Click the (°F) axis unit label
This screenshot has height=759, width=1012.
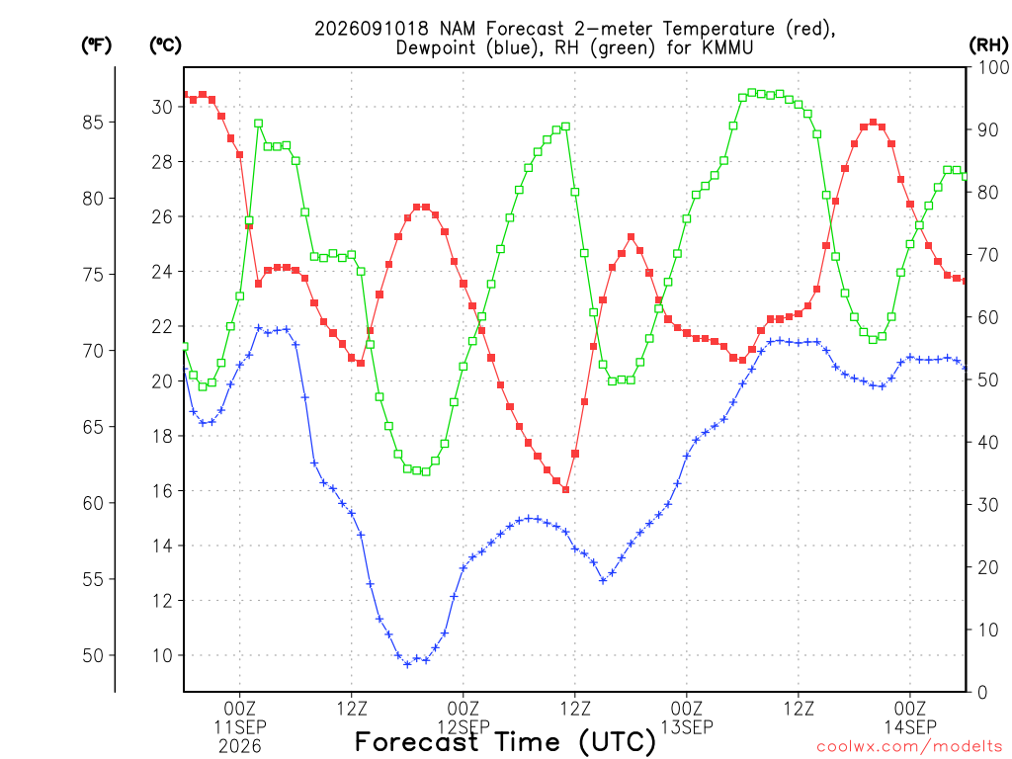(96, 45)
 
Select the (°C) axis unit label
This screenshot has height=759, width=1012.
(165, 45)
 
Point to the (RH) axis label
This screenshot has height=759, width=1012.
(988, 44)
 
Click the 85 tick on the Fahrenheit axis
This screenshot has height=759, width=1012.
(93, 122)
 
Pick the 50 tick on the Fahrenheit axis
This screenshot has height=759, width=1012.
(93, 656)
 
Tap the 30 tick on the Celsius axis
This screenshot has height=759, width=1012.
(162, 107)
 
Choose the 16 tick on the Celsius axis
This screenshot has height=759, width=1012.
(162, 491)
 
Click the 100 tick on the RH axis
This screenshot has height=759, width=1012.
(992, 67)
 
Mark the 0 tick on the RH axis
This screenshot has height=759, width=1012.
(982, 693)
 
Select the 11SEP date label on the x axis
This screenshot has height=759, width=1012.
(240, 726)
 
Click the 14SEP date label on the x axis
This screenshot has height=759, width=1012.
(910, 726)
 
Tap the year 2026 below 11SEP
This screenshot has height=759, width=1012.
(240, 747)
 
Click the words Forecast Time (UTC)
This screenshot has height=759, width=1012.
(505, 742)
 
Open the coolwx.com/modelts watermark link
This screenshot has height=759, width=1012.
(909, 747)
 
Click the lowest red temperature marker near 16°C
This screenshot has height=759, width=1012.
(566, 490)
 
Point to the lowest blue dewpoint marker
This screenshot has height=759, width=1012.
(407, 664)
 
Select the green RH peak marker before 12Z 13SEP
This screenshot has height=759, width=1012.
(752, 93)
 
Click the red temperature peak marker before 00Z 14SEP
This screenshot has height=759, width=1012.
(874, 122)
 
